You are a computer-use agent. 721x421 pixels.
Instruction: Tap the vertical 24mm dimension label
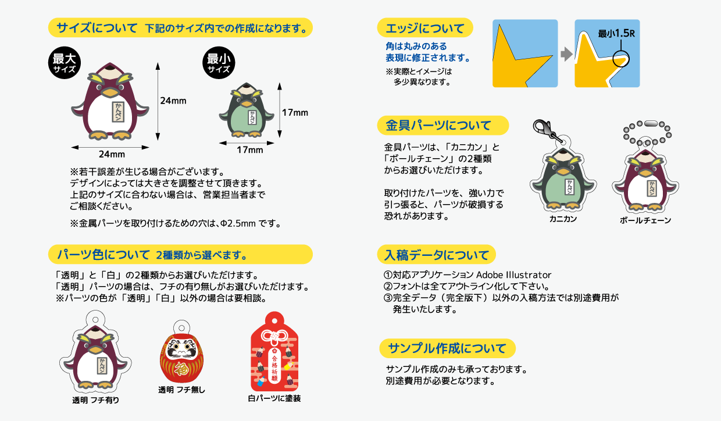pyautogui.click(x=173, y=101)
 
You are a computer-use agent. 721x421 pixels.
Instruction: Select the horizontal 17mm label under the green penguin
pyautogui.click(x=250, y=150)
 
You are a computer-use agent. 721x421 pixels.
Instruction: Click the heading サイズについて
pyautogui.click(x=97, y=27)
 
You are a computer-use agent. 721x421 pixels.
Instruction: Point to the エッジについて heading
pyautogui.click(x=425, y=28)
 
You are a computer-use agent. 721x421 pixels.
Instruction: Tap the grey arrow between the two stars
pyautogui.click(x=566, y=54)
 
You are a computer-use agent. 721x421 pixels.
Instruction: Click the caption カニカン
pyautogui.click(x=563, y=219)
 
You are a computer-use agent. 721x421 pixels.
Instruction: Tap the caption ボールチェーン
pyautogui.click(x=645, y=220)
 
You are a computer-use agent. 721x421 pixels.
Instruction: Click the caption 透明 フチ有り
pyautogui.click(x=95, y=400)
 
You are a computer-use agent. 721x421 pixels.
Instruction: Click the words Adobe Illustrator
pyautogui.click(x=513, y=274)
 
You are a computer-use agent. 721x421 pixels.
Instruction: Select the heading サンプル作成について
pyautogui.click(x=447, y=348)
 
